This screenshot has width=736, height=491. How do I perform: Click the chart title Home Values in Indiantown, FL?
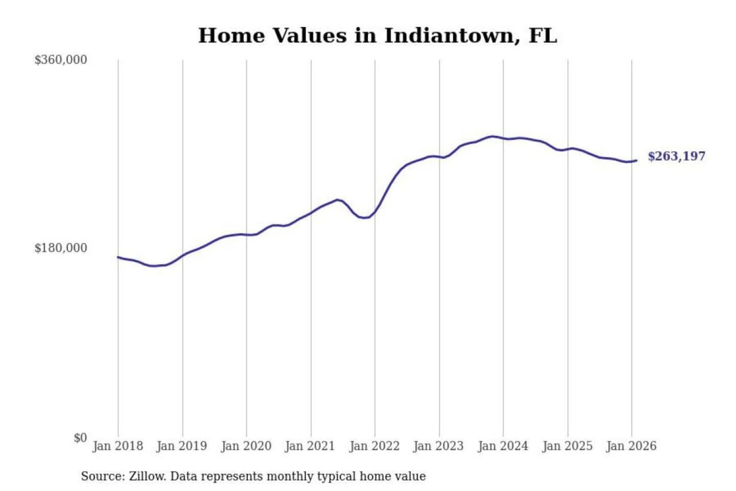pos(377,36)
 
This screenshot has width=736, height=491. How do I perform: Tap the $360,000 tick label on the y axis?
pos(61,60)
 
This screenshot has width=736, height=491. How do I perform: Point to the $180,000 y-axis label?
pos(61,248)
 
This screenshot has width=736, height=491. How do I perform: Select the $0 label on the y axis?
pos(80,438)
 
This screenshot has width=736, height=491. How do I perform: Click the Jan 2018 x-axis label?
pos(118,446)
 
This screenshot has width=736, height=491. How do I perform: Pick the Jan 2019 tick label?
pos(181,446)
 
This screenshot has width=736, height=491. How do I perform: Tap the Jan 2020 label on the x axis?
pos(246,446)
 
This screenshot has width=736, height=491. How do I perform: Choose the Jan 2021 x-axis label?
pos(310,446)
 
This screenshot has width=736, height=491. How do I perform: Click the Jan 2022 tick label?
pos(374,446)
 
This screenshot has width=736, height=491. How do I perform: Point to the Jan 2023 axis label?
pos(438,446)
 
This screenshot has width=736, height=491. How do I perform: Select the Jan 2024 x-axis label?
pos(502,446)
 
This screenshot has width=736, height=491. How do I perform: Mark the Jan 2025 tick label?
pos(567,446)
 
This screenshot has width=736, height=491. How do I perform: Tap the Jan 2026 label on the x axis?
pos(631,446)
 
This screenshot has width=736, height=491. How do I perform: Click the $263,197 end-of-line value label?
pos(676,157)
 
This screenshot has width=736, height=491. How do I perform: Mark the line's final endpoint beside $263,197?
pos(636,161)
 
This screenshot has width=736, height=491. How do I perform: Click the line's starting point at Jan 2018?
pos(118,257)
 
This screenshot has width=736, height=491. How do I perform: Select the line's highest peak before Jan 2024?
pos(492,137)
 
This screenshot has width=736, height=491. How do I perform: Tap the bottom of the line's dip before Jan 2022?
pos(364,218)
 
